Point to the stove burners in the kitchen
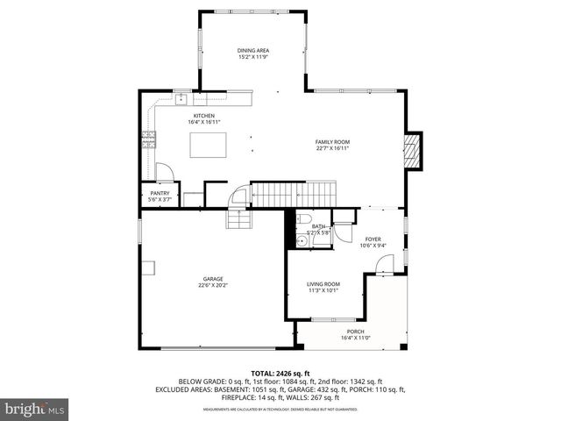coord(147,138)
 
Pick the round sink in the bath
coord(301,237)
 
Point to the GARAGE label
coord(211,279)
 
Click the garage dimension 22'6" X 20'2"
coord(211,286)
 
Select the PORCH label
coord(355,331)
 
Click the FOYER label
coord(373,239)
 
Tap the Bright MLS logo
coord(35,409)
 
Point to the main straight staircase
coord(294,191)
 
